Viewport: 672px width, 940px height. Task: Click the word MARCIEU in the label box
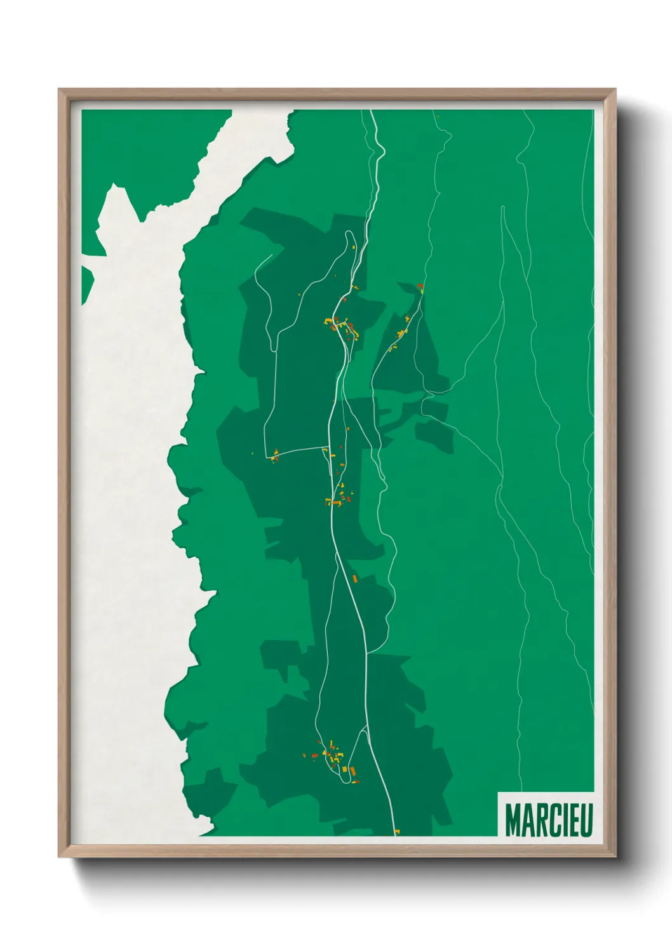point(548,820)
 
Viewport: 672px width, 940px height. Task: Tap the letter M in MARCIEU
point(513,820)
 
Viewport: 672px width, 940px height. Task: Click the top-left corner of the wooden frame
point(59,90)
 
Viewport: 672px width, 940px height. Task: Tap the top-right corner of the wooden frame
point(615,90)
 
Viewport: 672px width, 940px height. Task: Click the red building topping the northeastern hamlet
point(419,287)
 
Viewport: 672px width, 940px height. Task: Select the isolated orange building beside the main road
point(356,578)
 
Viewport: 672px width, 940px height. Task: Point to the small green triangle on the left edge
point(87,283)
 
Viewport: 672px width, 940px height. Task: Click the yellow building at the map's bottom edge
point(397,831)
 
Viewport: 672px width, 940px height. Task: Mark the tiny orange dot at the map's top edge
point(438,116)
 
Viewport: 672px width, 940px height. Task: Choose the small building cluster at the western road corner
point(275,455)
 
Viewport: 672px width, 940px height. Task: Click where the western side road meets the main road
point(325,448)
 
